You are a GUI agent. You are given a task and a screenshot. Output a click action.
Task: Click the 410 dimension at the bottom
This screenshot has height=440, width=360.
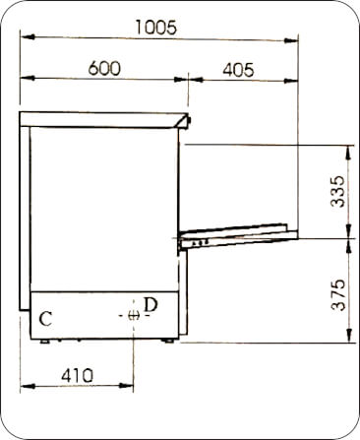77,375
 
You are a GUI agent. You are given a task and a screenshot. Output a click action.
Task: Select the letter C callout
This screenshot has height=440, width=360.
45,319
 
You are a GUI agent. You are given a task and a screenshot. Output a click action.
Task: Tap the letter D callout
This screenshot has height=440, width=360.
150,305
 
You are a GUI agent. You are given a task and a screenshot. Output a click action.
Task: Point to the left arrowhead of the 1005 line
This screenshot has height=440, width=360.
26,39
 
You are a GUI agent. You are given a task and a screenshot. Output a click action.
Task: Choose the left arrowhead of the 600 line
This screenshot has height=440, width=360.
26,79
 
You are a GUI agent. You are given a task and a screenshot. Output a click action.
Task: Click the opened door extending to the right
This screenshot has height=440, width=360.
236,233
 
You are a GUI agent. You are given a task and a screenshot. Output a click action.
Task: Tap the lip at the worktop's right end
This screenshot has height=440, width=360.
187,120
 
